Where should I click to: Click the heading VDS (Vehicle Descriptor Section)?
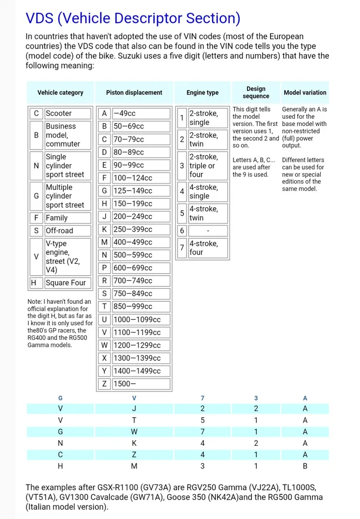pyautogui.click(x=133, y=18)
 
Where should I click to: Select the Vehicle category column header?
pyautogui.click(x=60, y=93)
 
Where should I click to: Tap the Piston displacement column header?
pyautogui.click(x=134, y=93)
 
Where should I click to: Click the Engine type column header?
pyautogui.click(x=202, y=93)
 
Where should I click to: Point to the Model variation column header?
pyautogui.click(x=305, y=93)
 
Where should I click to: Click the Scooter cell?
pyautogui.click(x=68, y=113)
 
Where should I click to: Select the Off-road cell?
pyautogui.click(x=68, y=231)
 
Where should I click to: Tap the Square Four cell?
pyautogui.click(x=68, y=283)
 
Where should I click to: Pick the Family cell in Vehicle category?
pyautogui.click(x=68, y=218)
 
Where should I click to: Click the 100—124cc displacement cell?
pyautogui.click(x=141, y=178)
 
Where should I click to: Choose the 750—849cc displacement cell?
pyautogui.click(x=141, y=294)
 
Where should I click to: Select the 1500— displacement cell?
pyautogui.click(x=141, y=384)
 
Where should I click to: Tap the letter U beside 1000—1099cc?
pyautogui.click(x=104, y=319)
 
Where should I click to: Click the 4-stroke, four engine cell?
pyautogui.click(x=208, y=248)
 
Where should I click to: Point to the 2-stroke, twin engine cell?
pyautogui.click(x=208, y=139)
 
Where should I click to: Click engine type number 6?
pyautogui.click(x=182, y=231)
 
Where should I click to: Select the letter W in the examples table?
pyautogui.click(x=134, y=432)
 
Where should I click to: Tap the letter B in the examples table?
pyautogui.click(x=305, y=466)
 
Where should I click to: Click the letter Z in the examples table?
pyautogui.click(x=134, y=455)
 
